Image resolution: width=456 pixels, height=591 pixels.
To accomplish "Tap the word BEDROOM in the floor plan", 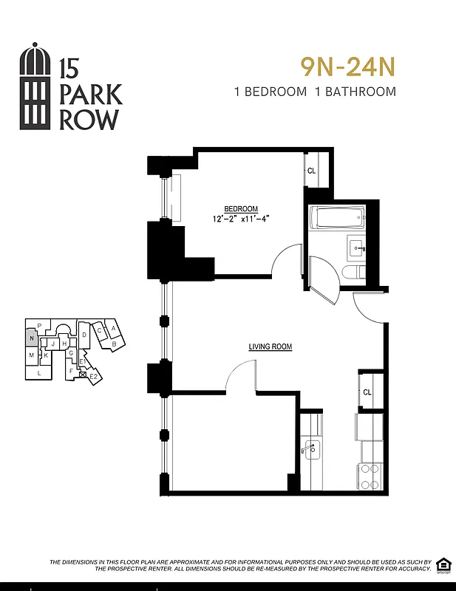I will tap(242, 208).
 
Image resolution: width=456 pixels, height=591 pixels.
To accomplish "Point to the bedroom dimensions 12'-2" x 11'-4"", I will tap(241, 218).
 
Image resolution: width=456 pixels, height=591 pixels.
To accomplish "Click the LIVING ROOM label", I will tap(270, 346).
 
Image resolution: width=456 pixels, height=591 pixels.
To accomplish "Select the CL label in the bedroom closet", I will tap(312, 171).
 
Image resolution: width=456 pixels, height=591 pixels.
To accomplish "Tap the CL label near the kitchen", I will tap(367, 392).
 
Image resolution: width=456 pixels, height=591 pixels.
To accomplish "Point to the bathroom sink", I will tap(357, 247).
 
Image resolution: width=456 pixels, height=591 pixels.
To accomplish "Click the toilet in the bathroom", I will tap(353, 273).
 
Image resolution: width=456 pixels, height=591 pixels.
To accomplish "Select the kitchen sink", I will tap(310, 448).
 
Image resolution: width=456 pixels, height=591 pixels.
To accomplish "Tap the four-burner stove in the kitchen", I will tap(369, 476).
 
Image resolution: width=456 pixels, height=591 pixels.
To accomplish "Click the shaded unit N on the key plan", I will tap(30, 338).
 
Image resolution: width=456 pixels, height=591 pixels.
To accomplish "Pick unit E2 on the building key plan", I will tap(94, 377).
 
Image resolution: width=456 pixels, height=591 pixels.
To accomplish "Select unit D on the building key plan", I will tap(85, 335).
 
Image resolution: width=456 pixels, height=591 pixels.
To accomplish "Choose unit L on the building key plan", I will tap(38, 373).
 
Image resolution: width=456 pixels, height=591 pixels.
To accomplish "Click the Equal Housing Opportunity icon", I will tap(443, 564).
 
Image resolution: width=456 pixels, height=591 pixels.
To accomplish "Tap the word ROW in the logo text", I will tap(88, 120).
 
